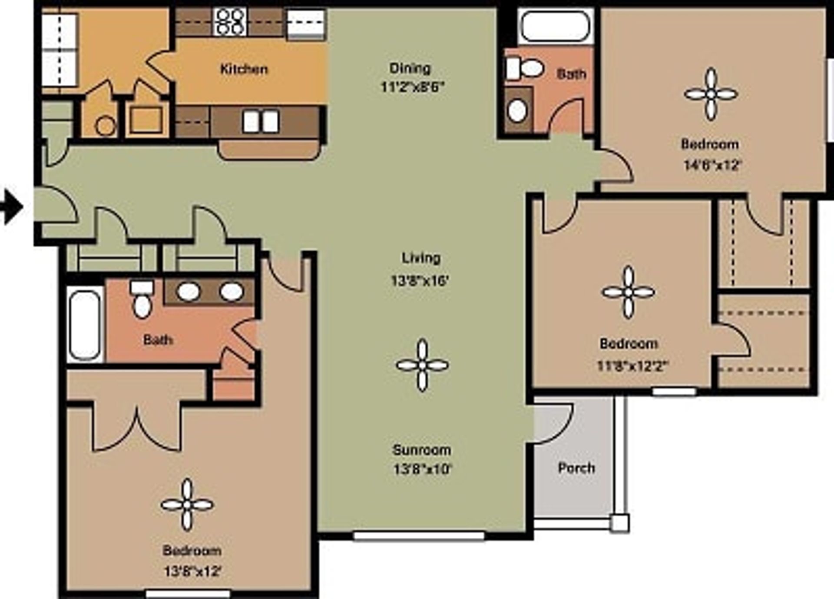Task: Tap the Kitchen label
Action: tap(244, 69)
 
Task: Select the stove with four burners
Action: tap(231, 22)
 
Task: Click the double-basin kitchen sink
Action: tap(261, 122)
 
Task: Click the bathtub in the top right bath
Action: tap(555, 26)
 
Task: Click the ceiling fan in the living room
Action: tap(422, 365)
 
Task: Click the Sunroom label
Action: tap(422, 450)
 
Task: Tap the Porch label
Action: tap(576, 468)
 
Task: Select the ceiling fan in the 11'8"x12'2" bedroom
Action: tap(628, 292)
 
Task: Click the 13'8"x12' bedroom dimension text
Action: tap(192, 571)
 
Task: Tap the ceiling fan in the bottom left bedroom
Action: tap(187, 505)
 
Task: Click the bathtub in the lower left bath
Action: tap(85, 324)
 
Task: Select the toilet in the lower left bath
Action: tap(142, 300)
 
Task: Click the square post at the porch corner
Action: tap(619, 523)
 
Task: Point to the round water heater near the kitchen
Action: tap(105, 126)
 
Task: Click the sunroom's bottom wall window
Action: tap(419, 536)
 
